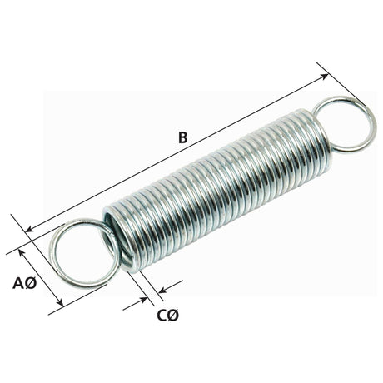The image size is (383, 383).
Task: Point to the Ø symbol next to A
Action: pos(31,282)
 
